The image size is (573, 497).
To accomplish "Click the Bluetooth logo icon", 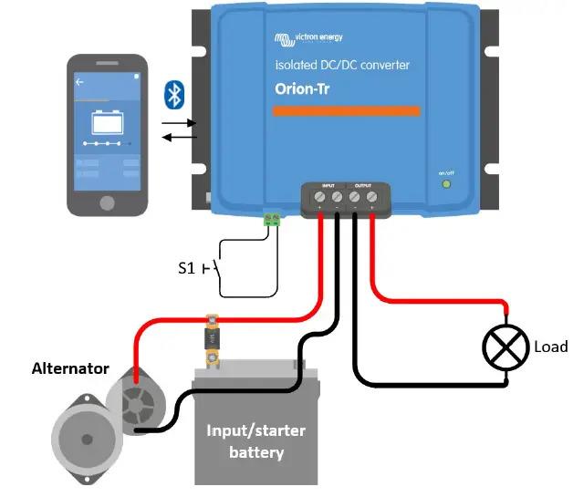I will point(173,95).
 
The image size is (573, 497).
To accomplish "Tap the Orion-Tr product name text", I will point(309,88).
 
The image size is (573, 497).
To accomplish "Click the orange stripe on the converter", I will point(348,111).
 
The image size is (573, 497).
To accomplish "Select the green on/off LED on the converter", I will point(446,184).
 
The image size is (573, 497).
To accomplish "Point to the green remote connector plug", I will point(271,218).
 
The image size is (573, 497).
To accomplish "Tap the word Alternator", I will point(70,369).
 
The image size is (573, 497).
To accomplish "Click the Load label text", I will point(551,347).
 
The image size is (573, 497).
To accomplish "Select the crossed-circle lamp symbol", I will point(505,347).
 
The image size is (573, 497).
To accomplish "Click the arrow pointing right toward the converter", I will point(181,122).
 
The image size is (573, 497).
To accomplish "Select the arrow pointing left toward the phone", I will point(181,138).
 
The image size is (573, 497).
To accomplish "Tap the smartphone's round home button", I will point(108,202).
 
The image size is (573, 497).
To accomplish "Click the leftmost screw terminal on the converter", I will point(320,196).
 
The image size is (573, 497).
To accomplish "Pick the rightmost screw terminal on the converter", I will point(371,196).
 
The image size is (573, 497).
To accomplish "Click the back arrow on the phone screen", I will point(80,82).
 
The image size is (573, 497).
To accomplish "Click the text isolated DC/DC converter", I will point(342,66).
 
